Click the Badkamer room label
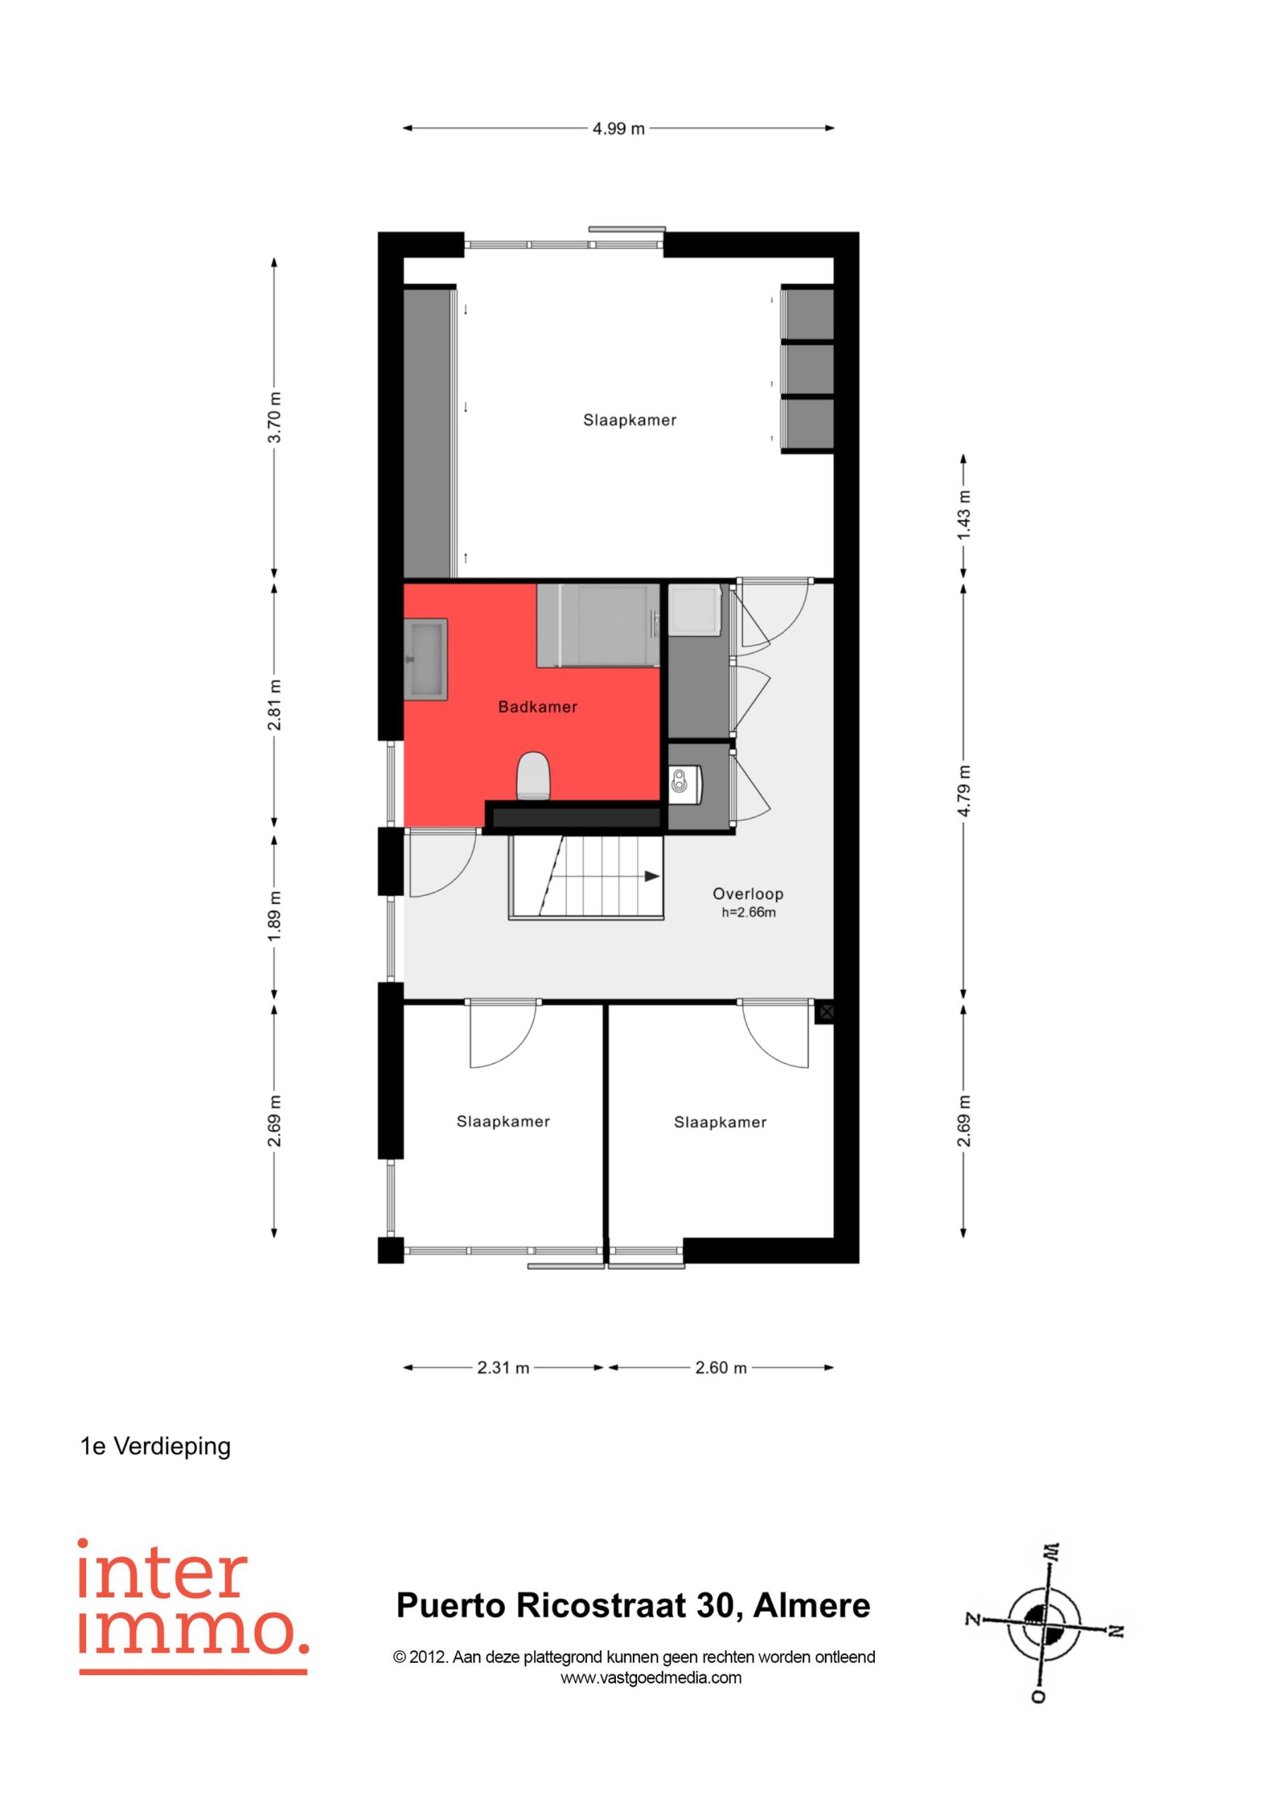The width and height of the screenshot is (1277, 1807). [x=538, y=707]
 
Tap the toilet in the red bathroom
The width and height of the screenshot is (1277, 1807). [x=533, y=776]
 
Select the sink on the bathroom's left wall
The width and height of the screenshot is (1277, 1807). [x=425, y=659]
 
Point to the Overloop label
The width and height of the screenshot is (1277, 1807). [x=747, y=894]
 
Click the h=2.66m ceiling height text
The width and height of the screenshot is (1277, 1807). [x=749, y=913]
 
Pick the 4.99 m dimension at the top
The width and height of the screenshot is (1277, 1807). [x=619, y=128]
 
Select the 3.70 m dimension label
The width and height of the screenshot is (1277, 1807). [x=274, y=417]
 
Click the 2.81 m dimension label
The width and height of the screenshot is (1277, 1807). [x=274, y=704]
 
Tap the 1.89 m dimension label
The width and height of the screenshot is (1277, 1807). [x=274, y=915]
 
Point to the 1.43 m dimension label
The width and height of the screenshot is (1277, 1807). [x=964, y=515]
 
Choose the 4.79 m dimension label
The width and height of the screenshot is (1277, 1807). [x=964, y=790]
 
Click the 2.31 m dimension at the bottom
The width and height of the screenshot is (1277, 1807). [x=503, y=1368]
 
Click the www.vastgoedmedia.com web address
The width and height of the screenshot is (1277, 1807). [x=650, y=1677]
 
